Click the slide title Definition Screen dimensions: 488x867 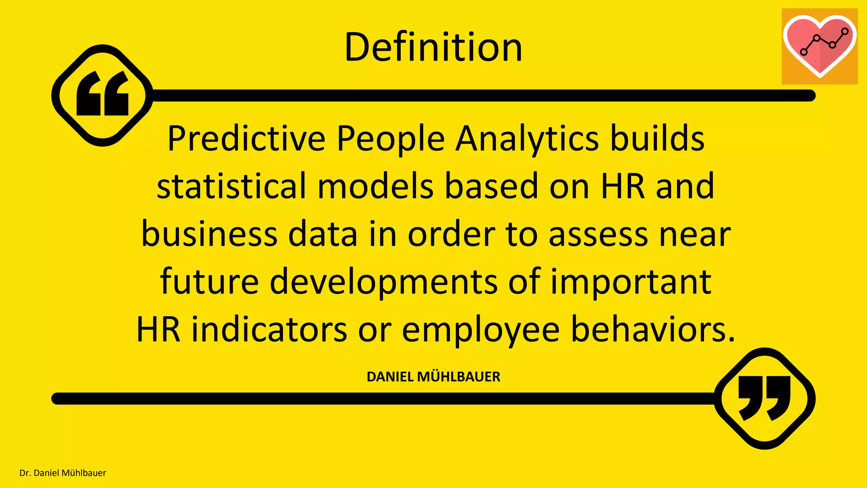coord(433,47)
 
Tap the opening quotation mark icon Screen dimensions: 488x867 coord(102,95)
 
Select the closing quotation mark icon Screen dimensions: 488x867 coord(765,398)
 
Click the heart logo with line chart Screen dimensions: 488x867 coord(820,46)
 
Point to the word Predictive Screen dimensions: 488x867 coord(246,139)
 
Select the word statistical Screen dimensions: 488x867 coord(232,187)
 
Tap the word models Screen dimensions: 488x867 coord(376,187)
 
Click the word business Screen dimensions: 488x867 coord(209,234)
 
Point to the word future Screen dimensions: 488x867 coord(209,282)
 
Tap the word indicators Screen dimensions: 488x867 coord(269,330)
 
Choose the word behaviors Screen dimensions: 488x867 coord(653,330)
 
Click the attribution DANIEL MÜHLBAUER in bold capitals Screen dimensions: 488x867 coord(433,377)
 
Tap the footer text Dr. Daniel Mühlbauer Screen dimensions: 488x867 coord(63,473)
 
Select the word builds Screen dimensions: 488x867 coord(657,139)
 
